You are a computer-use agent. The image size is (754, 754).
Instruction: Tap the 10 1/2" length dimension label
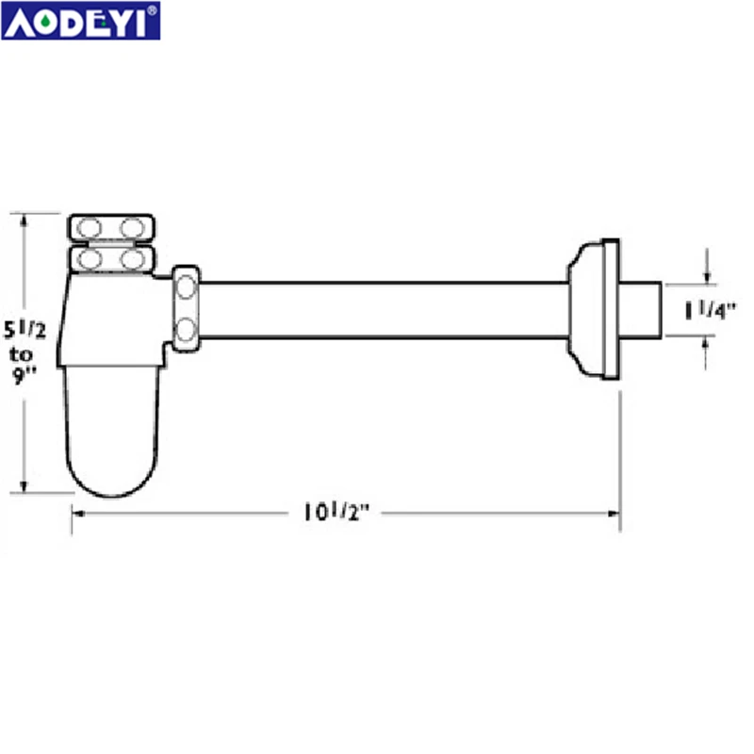tap(336, 513)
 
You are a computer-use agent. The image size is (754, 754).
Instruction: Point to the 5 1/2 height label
tap(27, 332)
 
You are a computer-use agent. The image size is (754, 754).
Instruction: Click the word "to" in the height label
tap(23, 356)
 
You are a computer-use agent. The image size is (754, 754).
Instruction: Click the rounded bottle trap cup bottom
tap(110, 452)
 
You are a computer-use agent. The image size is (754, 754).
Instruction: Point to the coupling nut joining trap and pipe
tap(186, 307)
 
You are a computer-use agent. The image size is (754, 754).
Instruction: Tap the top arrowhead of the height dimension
tap(26, 220)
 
